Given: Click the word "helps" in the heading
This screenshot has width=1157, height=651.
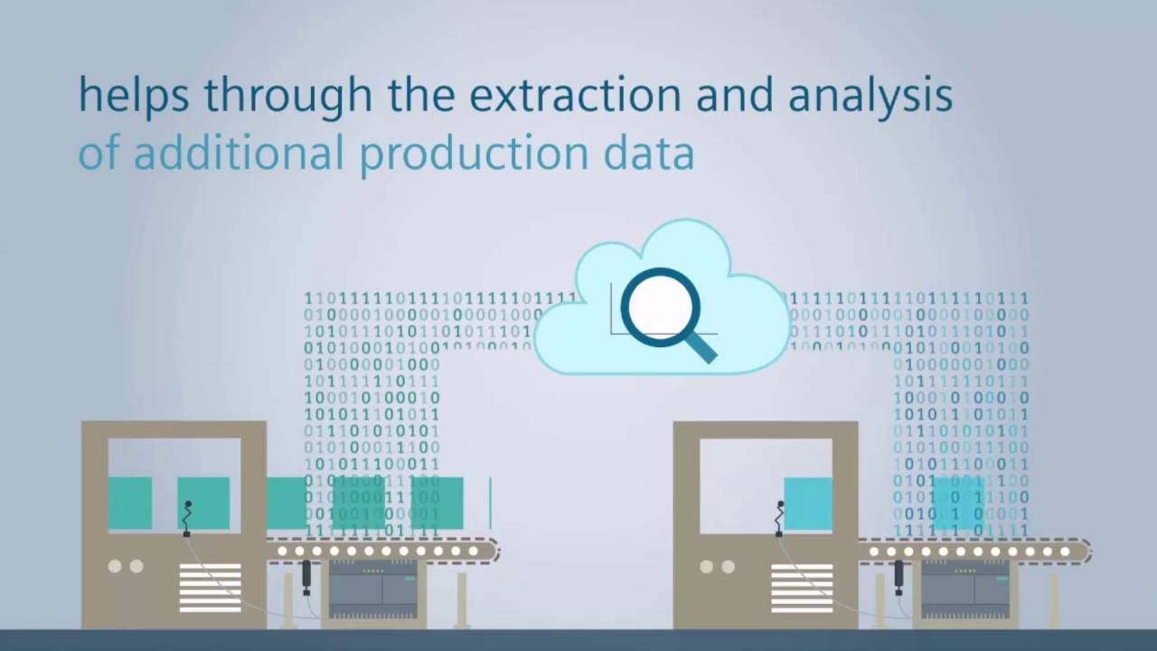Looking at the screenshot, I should point(133,95).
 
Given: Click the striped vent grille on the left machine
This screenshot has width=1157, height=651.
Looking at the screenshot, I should point(210,587).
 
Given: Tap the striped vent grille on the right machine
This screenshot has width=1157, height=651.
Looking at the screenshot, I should point(802,587).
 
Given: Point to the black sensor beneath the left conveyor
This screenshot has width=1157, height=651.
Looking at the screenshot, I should point(306,575).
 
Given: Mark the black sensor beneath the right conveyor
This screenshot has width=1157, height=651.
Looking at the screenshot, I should point(898,575).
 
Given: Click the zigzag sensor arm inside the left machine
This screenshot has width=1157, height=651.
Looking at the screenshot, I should point(188,517).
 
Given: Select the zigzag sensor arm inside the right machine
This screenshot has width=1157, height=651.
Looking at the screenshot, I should point(780,517).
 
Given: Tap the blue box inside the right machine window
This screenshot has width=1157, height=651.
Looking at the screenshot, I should point(808,504).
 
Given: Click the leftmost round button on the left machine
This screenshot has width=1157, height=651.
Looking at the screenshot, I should point(115,566).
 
